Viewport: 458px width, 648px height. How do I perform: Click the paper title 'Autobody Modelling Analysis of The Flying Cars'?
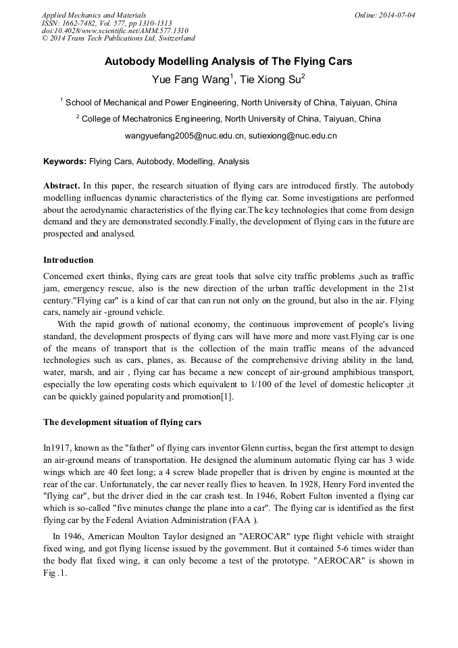(228, 61)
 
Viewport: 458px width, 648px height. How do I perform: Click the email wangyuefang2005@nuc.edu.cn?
(182, 136)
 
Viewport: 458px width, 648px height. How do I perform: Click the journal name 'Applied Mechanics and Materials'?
(94, 15)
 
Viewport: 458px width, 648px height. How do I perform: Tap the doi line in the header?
(114, 31)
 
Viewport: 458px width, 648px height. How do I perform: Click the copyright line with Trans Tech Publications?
(118, 39)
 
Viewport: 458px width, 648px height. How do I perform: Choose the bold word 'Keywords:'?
(65, 162)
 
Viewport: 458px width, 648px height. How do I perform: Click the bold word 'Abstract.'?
(61, 185)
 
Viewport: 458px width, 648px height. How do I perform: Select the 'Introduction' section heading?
(68, 260)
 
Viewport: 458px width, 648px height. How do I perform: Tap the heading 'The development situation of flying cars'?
(122, 422)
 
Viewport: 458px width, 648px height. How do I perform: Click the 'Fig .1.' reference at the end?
(55, 572)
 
